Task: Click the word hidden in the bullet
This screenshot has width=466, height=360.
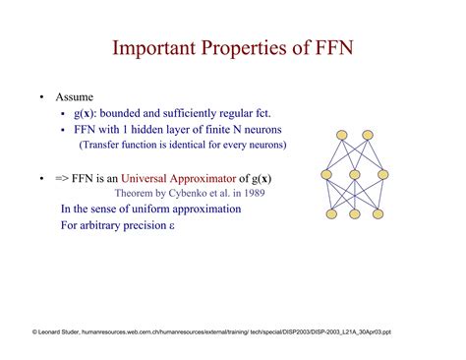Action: [x=167, y=130]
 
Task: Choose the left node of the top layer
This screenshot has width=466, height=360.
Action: [x=342, y=135]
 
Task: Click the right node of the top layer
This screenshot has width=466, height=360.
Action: [x=368, y=135]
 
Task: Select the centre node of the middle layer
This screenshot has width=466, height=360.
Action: [x=354, y=175]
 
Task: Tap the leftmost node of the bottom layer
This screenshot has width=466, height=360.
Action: [x=331, y=213]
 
